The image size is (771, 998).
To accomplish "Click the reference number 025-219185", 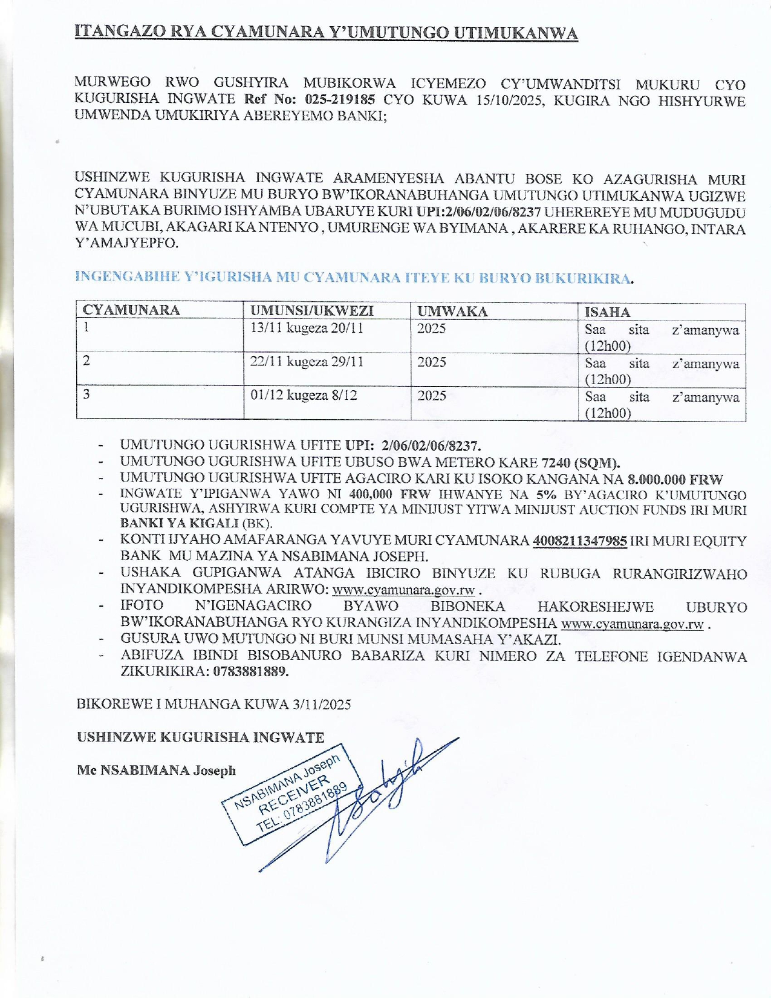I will pyautogui.click(x=340, y=100).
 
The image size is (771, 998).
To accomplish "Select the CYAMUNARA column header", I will pyautogui.click(x=131, y=310).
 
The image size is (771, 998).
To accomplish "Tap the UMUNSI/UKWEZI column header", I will pyautogui.click(x=312, y=311).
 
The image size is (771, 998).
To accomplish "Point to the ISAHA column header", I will pyautogui.click(x=607, y=312).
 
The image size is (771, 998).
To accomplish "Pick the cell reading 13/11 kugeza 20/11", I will pyautogui.click(x=307, y=328).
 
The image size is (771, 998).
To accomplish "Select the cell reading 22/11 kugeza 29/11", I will pyautogui.click(x=307, y=362).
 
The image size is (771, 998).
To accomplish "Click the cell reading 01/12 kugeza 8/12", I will pyautogui.click(x=304, y=396).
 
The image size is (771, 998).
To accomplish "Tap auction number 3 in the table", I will pyautogui.click(x=87, y=394).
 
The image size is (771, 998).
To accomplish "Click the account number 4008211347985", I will pyautogui.click(x=579, y=541).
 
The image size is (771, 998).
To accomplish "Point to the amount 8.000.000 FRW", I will pyautogui.click(x=675, y=480).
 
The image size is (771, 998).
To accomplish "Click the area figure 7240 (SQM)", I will pyautogui.click(x=581, y=463).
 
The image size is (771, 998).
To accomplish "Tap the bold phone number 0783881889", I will pyautogui.click(x=250, y=671).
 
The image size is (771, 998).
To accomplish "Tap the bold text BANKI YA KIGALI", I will pyautogui.click(x=180, y=523).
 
